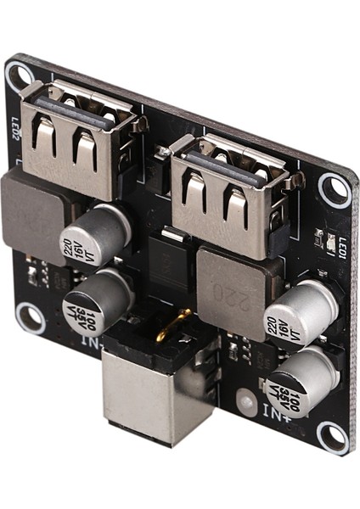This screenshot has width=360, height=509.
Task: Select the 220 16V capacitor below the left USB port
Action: [x=96, y=235]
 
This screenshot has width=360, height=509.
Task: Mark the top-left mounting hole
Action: [x=19, y=76]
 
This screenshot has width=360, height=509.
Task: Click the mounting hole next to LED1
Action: [x=334, y=189]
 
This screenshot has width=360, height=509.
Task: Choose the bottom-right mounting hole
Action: [x=333, y=433]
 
